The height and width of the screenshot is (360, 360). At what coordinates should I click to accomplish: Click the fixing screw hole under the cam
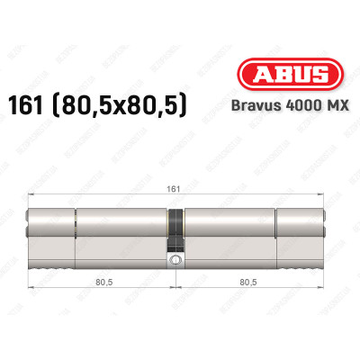point(175,260)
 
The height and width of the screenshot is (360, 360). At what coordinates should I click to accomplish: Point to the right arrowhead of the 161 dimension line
point(325,198)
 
